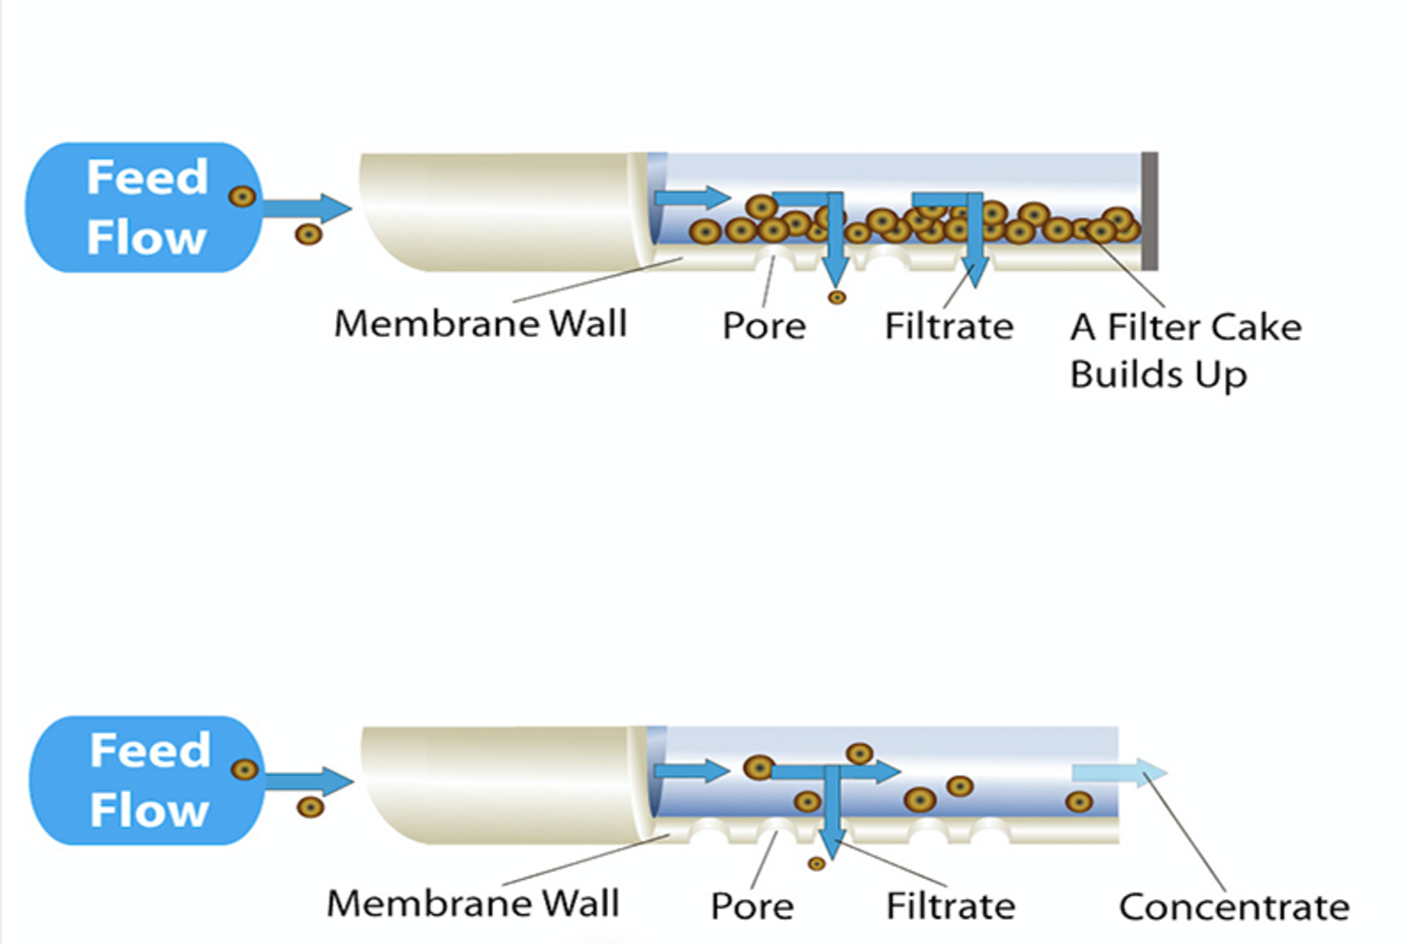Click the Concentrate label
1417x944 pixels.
tap(1233, 907)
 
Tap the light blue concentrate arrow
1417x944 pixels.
tap(1119, 773)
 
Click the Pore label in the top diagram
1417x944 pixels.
tap(764, 325)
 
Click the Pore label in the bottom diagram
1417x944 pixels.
tap(752, 906)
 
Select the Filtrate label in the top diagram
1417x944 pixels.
tap(949, 325)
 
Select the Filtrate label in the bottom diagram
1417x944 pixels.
tap(951, 906)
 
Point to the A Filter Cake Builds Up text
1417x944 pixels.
tap(1185, 350)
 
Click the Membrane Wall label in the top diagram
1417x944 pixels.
tap(480, 324)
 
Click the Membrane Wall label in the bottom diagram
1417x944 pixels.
tap(473, 903)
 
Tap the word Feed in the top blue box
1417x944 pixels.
tap(148, 177)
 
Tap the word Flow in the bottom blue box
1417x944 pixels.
tap(150, 810)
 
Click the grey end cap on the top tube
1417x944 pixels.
tap(1149, 211)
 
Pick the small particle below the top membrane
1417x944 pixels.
tap(836, 297)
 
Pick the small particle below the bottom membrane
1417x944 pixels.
tap(816, 864)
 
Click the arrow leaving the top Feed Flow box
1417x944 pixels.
tap(306, 208)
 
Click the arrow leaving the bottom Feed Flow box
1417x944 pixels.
tap(308, 782)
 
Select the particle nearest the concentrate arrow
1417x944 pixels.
tap(1079, 802)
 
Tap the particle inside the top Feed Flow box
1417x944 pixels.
tap(242, 196)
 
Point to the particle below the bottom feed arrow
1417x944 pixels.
tap(310, 807)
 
